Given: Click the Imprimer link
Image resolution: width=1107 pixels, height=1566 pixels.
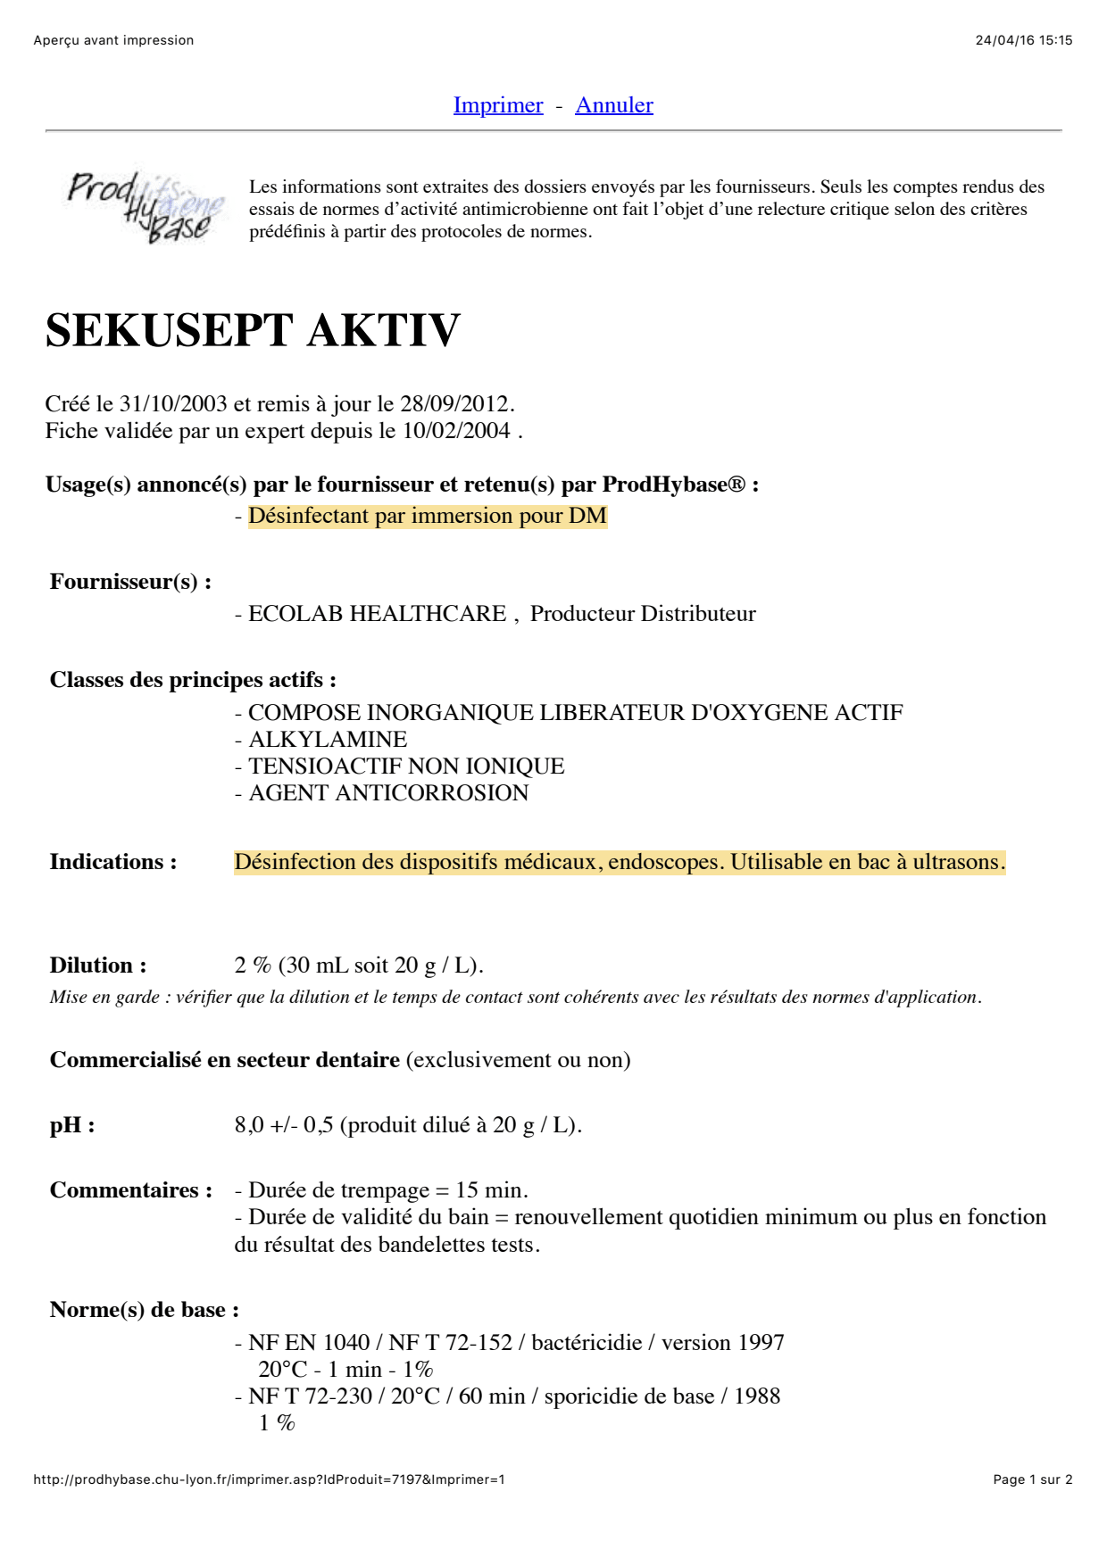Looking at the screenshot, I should tap(498, 105).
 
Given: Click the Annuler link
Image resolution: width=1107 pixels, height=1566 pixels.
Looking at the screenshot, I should tap(614, 105).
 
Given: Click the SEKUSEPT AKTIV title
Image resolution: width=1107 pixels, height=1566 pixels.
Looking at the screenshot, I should tap(253, 331).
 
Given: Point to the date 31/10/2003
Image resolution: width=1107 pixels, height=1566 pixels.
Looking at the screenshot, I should tap(173, 404).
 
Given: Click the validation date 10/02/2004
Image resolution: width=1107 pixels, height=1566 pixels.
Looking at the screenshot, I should tap(456, 431).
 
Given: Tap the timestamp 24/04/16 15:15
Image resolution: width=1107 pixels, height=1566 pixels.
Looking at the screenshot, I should tap(1023, 40).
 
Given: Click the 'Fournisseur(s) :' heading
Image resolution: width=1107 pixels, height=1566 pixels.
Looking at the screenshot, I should tap(130, 582).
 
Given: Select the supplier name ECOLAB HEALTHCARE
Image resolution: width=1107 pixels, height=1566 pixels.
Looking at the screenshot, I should tap(377, 614).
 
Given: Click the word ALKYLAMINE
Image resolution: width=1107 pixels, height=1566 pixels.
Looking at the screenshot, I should tap(328, 740).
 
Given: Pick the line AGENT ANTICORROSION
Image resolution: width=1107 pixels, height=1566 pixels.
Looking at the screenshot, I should tap(388, 793).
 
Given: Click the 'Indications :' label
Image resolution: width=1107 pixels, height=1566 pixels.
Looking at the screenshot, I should tap(113, 862).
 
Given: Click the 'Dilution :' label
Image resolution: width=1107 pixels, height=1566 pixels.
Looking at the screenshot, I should tap(98, 965).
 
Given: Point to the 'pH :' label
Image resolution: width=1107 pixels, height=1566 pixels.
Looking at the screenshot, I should tap(72, 1125).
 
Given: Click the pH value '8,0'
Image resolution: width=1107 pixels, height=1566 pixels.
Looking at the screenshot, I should tap(249, 1125).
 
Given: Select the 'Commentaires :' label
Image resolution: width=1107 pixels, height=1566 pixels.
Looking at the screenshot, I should tap(131, 1190).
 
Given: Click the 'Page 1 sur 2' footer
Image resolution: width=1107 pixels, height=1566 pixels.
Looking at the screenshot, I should tap(1032, 1479).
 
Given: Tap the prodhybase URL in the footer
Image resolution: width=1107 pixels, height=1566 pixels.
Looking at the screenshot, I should tap(269, 1479).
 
